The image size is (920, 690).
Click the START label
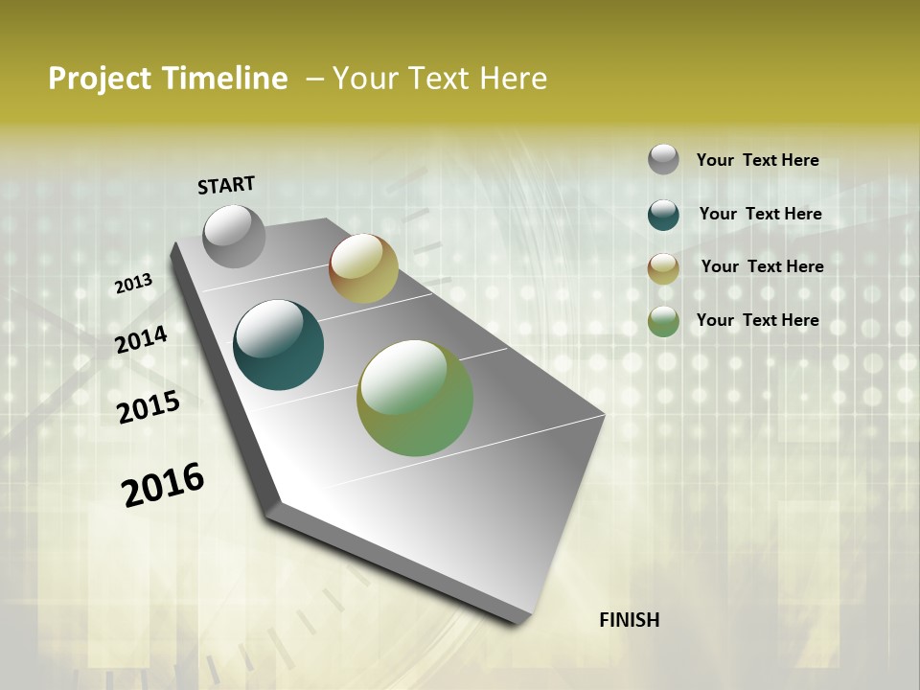click(x=226, y=184)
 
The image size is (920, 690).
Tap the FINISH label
click(x=629, y=620)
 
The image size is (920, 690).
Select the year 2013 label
click(x=133, y=284)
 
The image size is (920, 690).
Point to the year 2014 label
click(x=141, y=339)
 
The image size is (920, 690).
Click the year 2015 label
click(x=149, y=406)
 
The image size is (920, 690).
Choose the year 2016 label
click(x=163, y=485)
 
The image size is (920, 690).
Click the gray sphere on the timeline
click(x=234, y=236)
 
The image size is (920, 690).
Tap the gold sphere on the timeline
click(x=363, y=268)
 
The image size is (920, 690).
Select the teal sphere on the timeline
click(x=279, y=345)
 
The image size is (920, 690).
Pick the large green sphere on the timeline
click(x=415, y=398)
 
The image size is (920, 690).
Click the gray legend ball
click(x=663, y=159)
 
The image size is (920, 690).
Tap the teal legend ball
click(x=663, y=215)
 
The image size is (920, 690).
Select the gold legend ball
click(x=663, y=268)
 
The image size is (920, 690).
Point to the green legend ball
click(x=663, y=321)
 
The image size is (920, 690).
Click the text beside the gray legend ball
click(x=757, y=160)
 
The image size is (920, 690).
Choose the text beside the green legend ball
click(x=757, y=320)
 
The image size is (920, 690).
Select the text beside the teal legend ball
click(x=760, y=214)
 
